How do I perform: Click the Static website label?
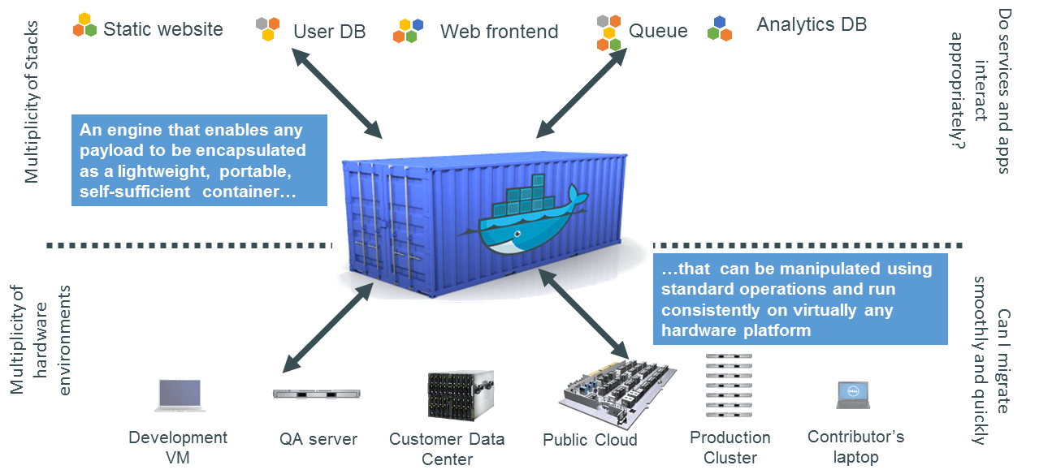click(x=162, y=29)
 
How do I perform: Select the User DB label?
click(x=329, y=32)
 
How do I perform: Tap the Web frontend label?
click(x=499, y=32)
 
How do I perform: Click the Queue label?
click(x=657, y=32)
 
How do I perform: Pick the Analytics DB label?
click(x=811, y=24)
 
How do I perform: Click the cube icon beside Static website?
click(x=84, y=25)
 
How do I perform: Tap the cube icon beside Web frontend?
click(x=409, y=30)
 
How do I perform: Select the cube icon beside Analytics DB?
click(x=720, y=28)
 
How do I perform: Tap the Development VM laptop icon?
click(x=180, y=395)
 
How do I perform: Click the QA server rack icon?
click(x=316, y=394)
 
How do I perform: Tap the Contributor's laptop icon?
click(x=853, y=394)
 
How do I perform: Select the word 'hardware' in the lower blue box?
click(x=696, y=330)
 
